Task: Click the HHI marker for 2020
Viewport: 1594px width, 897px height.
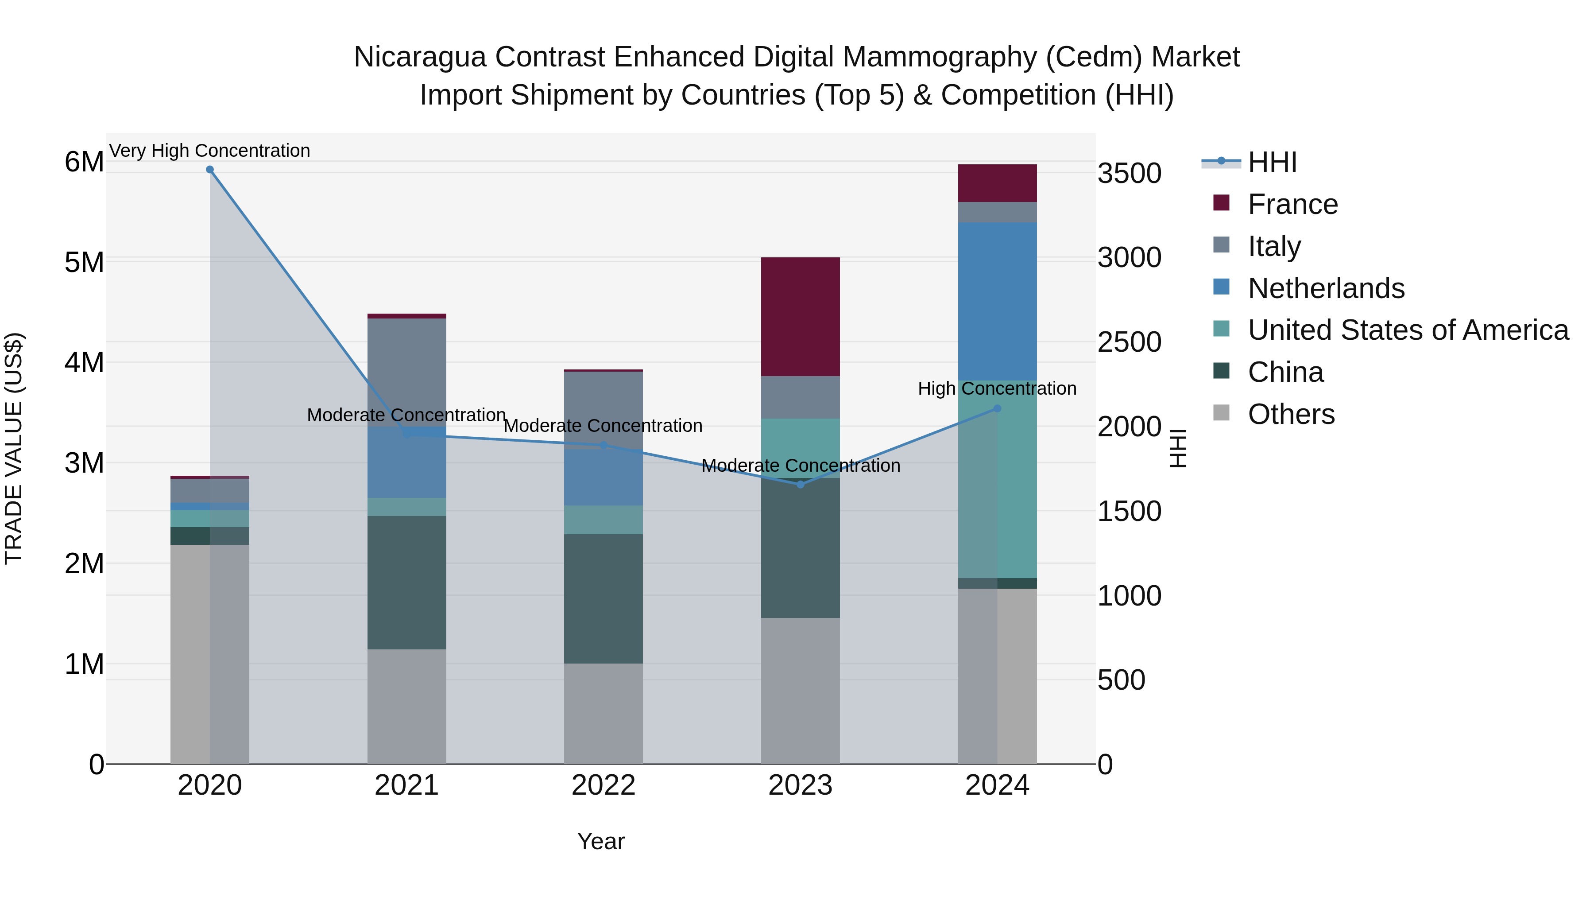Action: click(x=210, y=170)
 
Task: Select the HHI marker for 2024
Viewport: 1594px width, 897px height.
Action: click(x=997, y=408)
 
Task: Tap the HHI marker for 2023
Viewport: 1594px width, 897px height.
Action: click(x=800, y=485)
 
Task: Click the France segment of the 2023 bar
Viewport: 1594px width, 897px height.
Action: click(x=800, y=317)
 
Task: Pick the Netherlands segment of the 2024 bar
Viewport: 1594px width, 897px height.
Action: click(x=997, y=302)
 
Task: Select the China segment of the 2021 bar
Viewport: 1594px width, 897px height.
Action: click(x=406, y=582)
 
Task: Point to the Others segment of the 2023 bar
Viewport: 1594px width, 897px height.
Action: click(x=800, y=690)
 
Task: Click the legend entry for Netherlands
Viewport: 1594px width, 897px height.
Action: click(x=1325, y=288)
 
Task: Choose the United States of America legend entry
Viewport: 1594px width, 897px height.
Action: click(x=1408, y=330)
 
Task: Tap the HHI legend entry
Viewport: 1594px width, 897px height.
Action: click(x=1272, y=162)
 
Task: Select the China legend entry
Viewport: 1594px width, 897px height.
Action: click(x=1285, y=372)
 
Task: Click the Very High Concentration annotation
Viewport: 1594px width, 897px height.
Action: click(x=210, y=151)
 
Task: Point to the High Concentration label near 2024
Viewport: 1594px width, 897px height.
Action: click(x=997, y=389)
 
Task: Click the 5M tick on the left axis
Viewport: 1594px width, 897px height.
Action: click(x=84, y=263)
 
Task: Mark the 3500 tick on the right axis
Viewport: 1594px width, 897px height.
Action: click(x=1129, y=173)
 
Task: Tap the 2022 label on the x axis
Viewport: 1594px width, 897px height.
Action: click(x=604, y=785)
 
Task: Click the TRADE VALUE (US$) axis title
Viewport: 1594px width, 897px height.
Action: click(x=14, y=448)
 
